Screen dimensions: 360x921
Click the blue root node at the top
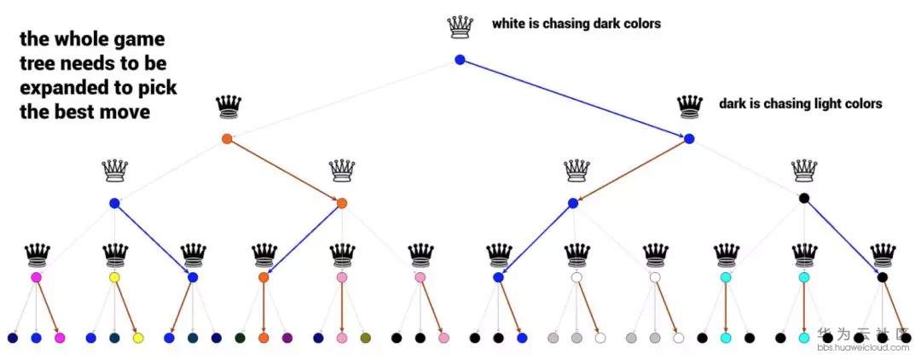pyautogui.click(x=460, y=60)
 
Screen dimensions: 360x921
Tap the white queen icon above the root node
pyautogui.click(x=460, y=27)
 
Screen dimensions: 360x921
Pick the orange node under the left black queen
pyautogui.click(x=227, y=138)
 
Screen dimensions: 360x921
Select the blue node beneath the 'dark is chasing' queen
pyautogui.click(x=689, y=138)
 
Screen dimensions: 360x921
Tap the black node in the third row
pyautogui.click(x=803, y=199)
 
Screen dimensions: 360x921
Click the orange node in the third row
pyautogui.click(x=341, y=203)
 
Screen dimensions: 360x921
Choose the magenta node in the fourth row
pyautogui.click(x=37, y=277)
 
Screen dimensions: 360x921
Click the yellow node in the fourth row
pyautogui.click(x=114, y=277)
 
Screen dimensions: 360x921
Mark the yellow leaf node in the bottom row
pyautogui.click(x=138, y=338)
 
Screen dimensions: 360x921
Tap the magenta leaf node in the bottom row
pyautogui.click(x=60, y=338)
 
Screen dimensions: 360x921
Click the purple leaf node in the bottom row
pyautogui.click(x=287, y=338)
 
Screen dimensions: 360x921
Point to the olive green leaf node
pyautogui.click(x=366, y=338)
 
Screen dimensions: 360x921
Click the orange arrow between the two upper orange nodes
pyautogui.click(x=284, y=171)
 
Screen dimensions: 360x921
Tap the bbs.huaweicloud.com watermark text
pyautogui.click(x=863, y=348)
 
